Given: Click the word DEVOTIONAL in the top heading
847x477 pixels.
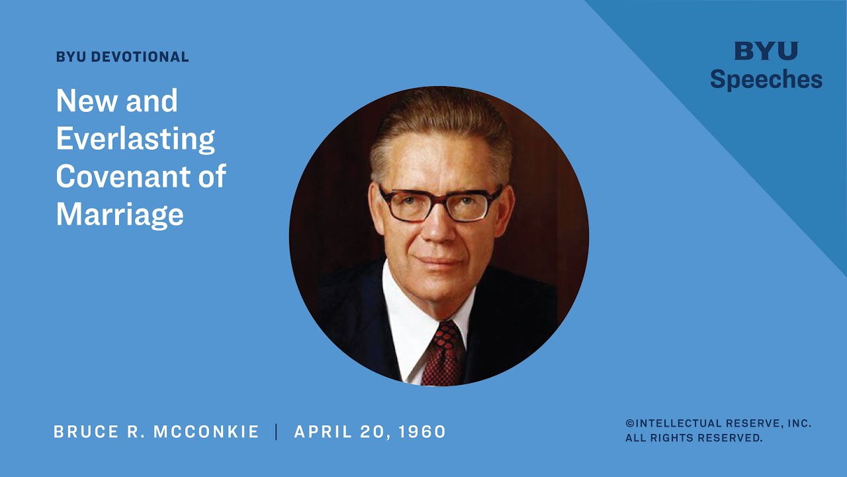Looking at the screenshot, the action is (140, 57).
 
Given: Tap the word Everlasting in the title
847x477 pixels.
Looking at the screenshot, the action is (136, 139).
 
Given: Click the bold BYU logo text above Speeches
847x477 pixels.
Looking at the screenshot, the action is (766, 51).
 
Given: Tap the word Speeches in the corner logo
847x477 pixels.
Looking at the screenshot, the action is (766, 79).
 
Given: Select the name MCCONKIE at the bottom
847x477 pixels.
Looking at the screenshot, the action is (206, 432).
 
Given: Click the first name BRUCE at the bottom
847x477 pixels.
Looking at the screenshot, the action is (86, 432).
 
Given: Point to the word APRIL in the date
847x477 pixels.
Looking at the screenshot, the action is (323, 432).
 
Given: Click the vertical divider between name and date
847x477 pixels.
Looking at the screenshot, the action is (277, 432).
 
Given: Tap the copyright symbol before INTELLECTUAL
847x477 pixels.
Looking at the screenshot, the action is (629, 423).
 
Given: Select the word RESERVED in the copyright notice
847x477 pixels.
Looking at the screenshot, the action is (730, 438).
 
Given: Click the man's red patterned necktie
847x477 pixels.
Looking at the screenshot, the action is (444, 354).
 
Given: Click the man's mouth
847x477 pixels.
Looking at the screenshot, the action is (439, 262).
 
